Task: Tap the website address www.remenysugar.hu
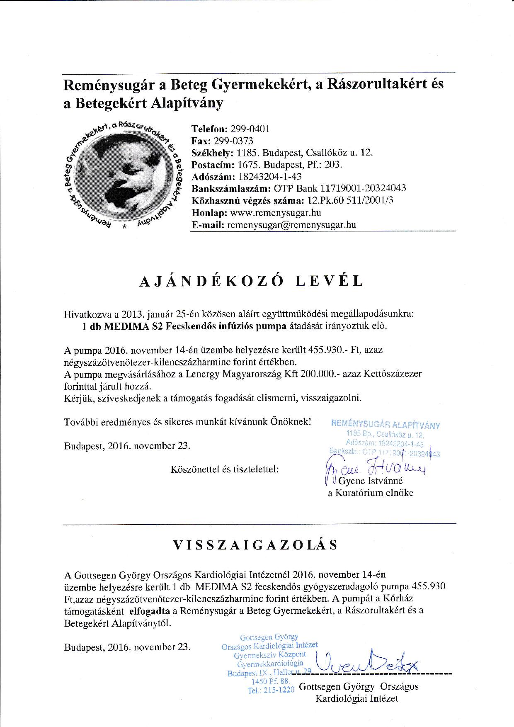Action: [275, 213]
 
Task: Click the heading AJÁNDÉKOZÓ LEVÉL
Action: [251, 281]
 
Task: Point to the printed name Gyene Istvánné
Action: [371, 481]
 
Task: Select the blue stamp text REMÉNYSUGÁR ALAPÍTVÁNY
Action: [385, 425]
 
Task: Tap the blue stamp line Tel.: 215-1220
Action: [271, 691]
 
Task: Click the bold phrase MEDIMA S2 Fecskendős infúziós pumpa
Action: [195, 326]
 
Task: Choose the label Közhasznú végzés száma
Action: [247, 201]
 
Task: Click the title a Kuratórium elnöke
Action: [371, 493]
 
